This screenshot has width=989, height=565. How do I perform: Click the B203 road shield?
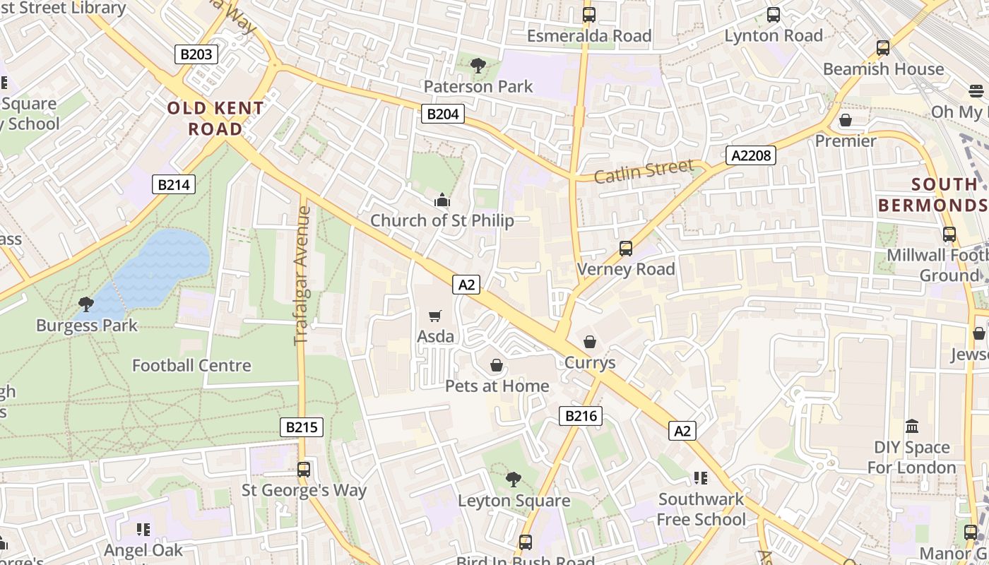(x=196, y=54)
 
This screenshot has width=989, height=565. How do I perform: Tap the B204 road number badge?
(x=443, y=114)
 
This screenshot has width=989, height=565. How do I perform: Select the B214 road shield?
(x=174, y=185)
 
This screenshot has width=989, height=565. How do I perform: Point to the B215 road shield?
(x=302, y=427)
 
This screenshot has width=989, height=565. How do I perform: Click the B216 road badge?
(x=581, y=416)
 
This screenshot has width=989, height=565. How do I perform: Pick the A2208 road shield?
(x=750, y=155)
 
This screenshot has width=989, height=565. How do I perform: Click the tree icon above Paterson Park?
(x=478, y=66)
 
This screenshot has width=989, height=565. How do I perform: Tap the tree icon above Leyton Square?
(x=514, y=480)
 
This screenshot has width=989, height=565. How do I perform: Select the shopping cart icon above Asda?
(x=435, y=316)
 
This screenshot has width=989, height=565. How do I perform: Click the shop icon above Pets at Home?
(x=497, y=365)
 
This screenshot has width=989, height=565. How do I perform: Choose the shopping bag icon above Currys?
(x=590, y=342)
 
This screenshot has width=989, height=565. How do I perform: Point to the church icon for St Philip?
(x=442, y=201)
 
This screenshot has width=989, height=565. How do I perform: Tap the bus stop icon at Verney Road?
(x=626, y=249)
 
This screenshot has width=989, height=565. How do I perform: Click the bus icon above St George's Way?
(x=304, y=470)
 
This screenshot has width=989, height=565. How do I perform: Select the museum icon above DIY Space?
(x=912, y=427)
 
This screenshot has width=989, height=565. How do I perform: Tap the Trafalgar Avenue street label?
(x=302, y=275)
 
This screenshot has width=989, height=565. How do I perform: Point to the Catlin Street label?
(x=644, y=171)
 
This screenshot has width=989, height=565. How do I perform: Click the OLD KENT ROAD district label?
(x=215, y=119)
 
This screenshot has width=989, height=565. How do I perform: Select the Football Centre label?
(x=191, y=365)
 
